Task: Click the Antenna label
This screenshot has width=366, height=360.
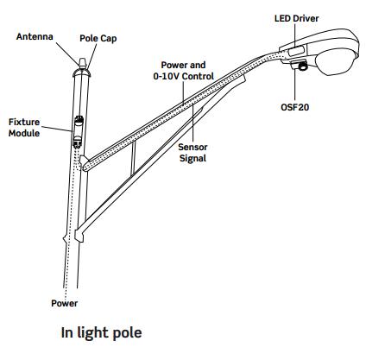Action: coord(35,36)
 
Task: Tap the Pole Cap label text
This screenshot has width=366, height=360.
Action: coord(98,38)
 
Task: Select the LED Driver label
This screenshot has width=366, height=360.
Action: coord(297,18)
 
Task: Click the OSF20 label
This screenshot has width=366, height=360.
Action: coord(295,107)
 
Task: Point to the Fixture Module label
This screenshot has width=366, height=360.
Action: coord(24,128)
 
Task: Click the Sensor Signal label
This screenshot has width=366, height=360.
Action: coord(192,153)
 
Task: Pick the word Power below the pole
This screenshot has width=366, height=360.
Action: coord(65,303)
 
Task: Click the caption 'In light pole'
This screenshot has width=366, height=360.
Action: coord(102,332)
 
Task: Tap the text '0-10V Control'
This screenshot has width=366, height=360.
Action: coord(184,76)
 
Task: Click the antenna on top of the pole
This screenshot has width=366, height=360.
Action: coord(82,63)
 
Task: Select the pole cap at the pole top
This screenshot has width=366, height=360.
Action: coord(81,73)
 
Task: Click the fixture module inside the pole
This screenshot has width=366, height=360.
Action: coord(79,131)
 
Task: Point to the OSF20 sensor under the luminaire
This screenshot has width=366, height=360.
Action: coord(300,66)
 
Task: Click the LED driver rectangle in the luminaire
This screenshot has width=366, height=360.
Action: coord(297,51)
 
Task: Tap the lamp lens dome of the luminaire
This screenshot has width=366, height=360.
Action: coord(336,61)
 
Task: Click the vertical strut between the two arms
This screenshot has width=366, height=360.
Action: coord(133,158)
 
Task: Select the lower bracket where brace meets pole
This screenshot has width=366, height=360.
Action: coord(79,234)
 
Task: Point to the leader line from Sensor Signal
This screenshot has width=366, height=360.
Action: coord(193,123)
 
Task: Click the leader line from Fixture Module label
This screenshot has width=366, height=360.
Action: coord(56,129)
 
